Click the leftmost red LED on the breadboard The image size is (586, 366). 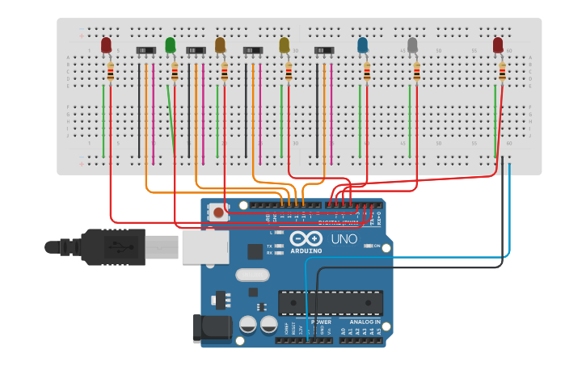[x=106, y=45]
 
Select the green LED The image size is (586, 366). [x=171, y=45]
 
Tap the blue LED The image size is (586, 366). [x=362, y=45]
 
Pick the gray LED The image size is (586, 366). [x=412, y=45]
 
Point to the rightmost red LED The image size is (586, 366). [x=498, y=45]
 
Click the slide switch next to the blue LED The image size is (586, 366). [x=324, y=50]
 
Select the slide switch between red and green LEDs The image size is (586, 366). [x=145, y=50]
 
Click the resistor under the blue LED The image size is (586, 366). [x=366, y=74]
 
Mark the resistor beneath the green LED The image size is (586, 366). [x=175, y=74]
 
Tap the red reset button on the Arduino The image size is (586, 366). [x=218, y=213]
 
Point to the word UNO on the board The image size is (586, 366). [x=344, y=240]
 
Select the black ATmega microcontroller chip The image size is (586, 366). [x=331, y=303]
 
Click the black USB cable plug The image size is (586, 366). [x=113, y=246]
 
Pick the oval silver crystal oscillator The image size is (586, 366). [x=252, y=275]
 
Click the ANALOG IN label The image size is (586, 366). [x=365, y=322]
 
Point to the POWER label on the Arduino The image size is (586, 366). [x=321, y=322]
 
